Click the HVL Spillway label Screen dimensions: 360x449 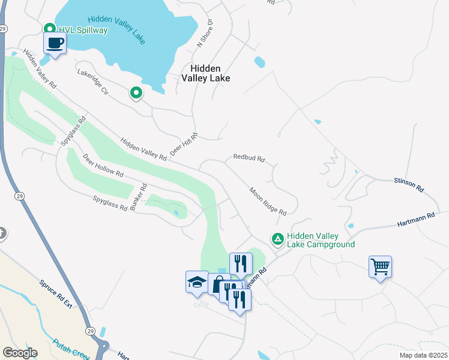82,29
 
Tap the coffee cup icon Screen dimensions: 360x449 55,43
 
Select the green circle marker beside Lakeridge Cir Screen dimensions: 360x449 136,92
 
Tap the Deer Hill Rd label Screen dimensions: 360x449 184,146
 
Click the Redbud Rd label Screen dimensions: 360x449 249,159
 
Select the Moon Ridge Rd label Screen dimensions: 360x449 268,201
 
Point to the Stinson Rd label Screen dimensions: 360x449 409,185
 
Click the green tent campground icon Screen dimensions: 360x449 277,239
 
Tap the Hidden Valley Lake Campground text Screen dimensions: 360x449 321,240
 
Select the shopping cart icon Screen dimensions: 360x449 380,266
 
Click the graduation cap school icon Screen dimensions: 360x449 196,281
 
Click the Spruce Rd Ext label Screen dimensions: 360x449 56,294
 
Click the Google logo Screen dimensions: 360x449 20,353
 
